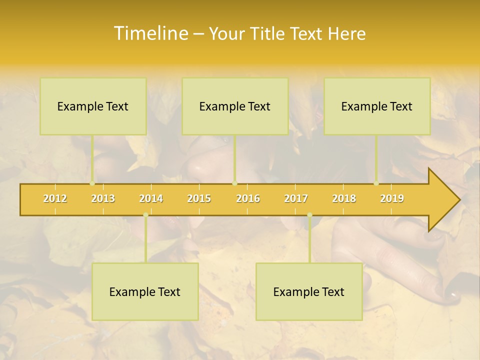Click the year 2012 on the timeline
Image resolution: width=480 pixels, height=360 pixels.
(x=55, y=199)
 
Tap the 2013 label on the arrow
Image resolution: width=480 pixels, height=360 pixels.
(x=103, y=199)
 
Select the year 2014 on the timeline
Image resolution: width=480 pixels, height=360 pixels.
(x=151, y=199)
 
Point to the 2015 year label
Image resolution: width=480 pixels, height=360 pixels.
(x=199, y=199)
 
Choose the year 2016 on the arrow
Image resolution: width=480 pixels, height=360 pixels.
(x=248, y=199)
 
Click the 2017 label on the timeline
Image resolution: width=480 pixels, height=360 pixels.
(x=296, y=199)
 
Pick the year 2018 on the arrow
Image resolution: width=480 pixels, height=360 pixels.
(x=344, y=199)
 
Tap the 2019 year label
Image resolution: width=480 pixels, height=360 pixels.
(x=392, y=199)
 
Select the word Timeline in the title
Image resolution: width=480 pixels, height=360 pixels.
(x=150, y=33)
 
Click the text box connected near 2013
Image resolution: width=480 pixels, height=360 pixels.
(x=93, y=106)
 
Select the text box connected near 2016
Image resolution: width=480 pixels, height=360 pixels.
(x=235, y=106)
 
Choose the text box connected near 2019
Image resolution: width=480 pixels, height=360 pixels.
(x=377, y=106)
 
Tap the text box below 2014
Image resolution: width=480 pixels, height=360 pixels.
(x=145, y=292)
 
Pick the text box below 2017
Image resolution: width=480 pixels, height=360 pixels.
(x=309, y=292)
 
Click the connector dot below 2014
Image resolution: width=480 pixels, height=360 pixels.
(x=145, y=215)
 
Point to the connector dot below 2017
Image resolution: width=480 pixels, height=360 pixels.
(x=309, y=215)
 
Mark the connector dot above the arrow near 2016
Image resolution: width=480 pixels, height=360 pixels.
(x=235, y=183)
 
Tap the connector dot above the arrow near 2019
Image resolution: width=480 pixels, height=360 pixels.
(x=376, y=183)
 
